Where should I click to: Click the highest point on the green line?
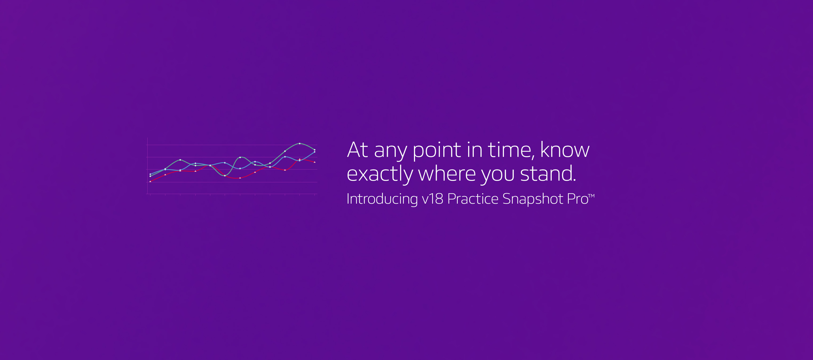click(299, 143)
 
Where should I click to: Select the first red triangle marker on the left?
click(150, 181)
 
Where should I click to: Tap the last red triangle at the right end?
click(315, 162)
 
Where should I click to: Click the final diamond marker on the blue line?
click(315, 152)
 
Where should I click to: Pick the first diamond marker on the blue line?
click(150, 174)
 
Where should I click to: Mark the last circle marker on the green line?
click(315, 150)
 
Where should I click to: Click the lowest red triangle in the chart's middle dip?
click(240, 178)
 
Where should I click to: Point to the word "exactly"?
click(380, 174)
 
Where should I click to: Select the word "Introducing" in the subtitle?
click(382, 199)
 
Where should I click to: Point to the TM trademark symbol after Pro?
click(591, 196)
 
